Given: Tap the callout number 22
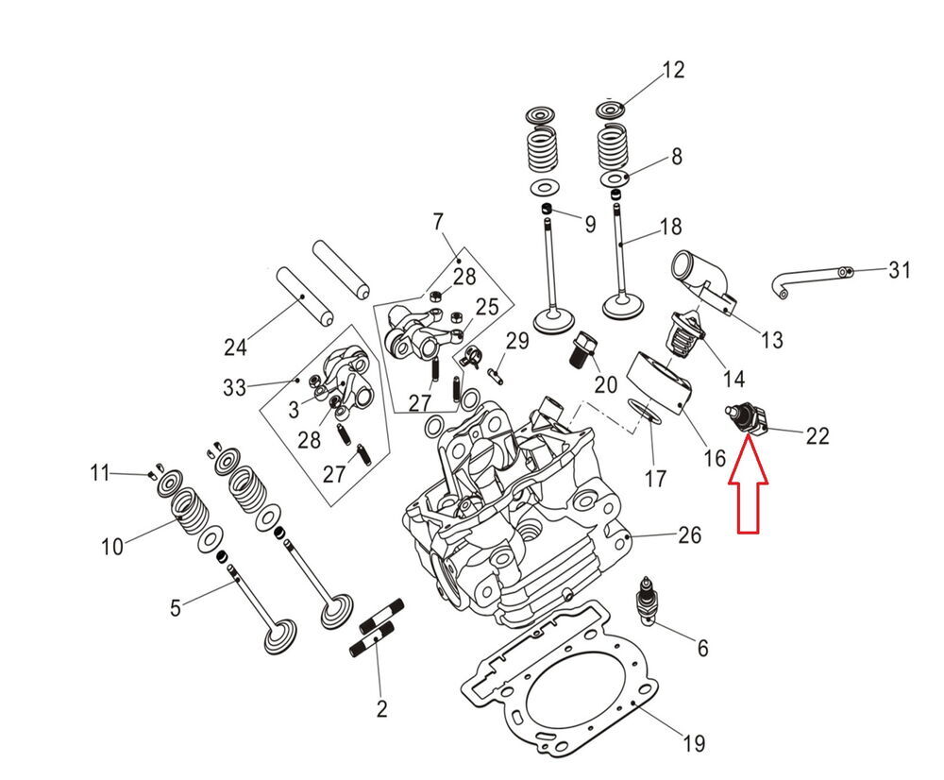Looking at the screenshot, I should tap(817, 435).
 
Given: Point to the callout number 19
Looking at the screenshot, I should tap(693, 743).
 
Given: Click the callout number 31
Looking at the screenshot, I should tap(900, 271).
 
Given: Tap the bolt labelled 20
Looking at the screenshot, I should tap(582, 351).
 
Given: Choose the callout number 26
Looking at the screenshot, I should tap(690, 535).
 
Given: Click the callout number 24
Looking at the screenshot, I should tap(235, 348).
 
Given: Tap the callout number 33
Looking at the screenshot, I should tap(234, 386).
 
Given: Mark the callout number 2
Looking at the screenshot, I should tap(381, 708).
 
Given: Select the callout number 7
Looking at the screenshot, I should tap(437, 223).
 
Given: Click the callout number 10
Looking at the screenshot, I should tap(112, 546).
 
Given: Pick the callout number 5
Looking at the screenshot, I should tap(175, 608).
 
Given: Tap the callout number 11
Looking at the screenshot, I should tap(100, 471).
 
